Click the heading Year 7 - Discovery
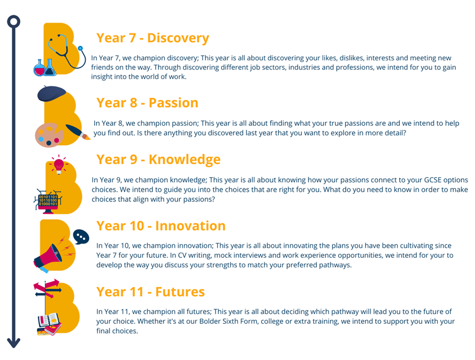click(x=153, y=38)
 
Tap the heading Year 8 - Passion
click(x=147, y=103)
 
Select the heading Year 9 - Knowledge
click(x=159, y=160)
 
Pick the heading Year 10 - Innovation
click(x=161, y=226)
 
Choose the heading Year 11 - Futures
click(x=151, y=292)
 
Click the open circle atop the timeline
click(x=14, y=22)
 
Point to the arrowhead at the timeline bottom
click(x=14, y=343)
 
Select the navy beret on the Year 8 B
click(x=51, y=93)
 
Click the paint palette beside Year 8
click(x=49, y=135)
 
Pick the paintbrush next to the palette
click(x=77, y=132)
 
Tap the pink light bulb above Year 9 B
click(x=59, y=165)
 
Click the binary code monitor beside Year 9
click(x=48, y=201)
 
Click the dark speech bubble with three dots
click(x=81, y=236)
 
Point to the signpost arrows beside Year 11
click(x=47, y=289)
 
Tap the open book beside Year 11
click(x=49, y=321)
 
